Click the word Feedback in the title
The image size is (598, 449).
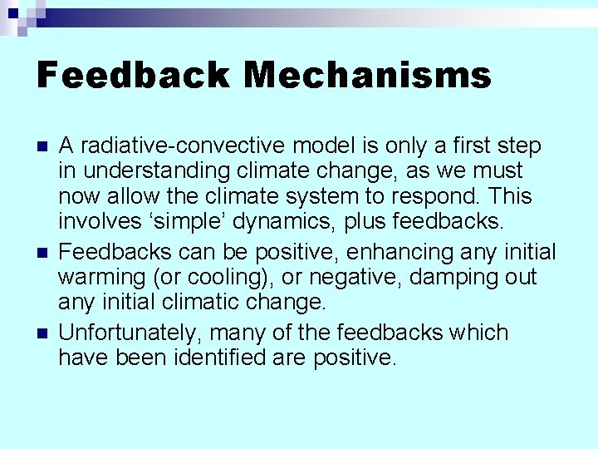coord(134,76)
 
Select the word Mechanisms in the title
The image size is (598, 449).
coord(367,76)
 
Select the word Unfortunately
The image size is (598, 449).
coord(129,333)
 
